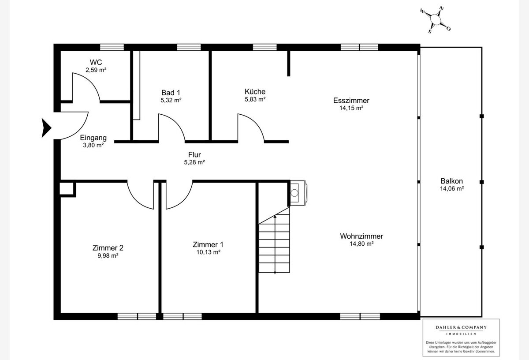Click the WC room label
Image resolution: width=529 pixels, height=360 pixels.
pyautogui.click(x=96, y=62)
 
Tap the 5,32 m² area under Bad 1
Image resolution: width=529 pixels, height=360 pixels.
pyautogui.click(x=171, y=100)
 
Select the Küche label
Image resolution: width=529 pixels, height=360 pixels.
pyautogui.click(x=255, y=91)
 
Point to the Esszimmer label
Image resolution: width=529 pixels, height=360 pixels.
pyautogui.click(x=351, y=101)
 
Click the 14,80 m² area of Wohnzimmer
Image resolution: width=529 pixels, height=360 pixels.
pyautogui.click(x=361, y=244)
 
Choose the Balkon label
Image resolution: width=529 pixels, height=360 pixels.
pyautogui.click(x=451, y=181)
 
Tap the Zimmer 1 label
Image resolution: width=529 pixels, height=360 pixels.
pyautogui.click(x=208, y=244)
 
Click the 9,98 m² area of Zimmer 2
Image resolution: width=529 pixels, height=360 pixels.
pyautogui.click(x=108, y=255)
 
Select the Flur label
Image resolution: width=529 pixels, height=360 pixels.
pyautogui.click(x=194, y=154)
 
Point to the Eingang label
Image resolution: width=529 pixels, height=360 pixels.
pyautogui.click(x=93, y=138)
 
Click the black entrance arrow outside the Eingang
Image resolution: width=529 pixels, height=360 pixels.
pyautogui.click(x=46, y=128)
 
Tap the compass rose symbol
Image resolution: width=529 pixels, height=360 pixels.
pyautogui.click(x=436, y=19)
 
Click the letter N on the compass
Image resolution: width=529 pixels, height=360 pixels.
pyautogui.click(x=441, y=8)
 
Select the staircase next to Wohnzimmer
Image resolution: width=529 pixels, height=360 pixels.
pyautogui.click(x=274, y=240)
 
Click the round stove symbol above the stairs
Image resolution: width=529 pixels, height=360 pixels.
pyautogui.click(x=294, y=193)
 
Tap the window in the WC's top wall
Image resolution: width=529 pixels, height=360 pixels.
pyautogui.click(x=112, y=47)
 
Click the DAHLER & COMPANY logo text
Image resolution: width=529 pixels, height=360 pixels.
pyautogui.click(x=461, y=327)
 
